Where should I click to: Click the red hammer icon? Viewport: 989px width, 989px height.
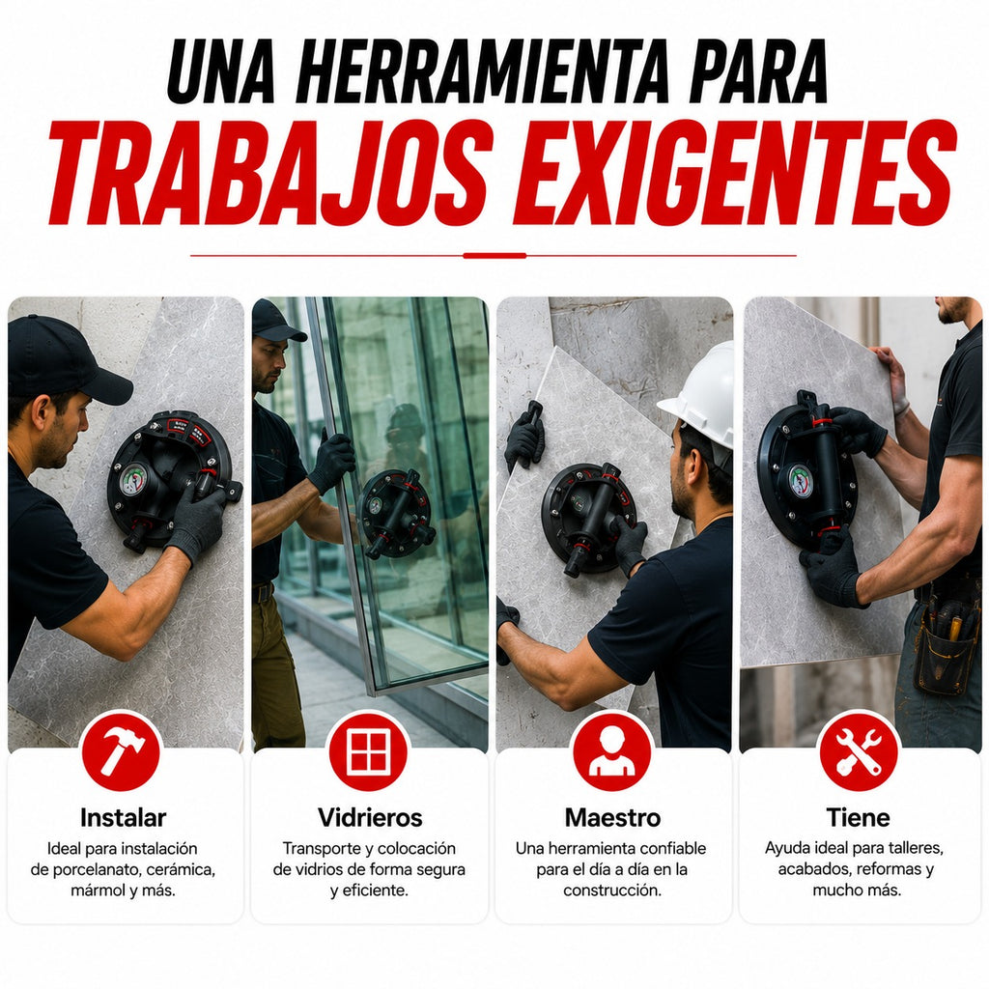(122, 750)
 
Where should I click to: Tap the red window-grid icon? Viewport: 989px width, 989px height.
(368, 750)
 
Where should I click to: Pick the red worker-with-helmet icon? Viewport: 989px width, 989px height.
(611, 750)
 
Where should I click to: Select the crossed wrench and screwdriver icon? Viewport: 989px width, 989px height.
(858, 750)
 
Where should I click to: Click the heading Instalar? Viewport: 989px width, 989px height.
(123, 817)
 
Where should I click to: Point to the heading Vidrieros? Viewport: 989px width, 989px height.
(370, 817)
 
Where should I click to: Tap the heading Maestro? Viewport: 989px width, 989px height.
(612, 817)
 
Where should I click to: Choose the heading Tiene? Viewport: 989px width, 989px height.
(858, 817)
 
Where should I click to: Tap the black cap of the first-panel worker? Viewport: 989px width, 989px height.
(63, 357)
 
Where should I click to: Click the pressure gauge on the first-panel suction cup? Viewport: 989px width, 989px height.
(133, 481)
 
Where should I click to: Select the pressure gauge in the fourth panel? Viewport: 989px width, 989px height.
(800, 481)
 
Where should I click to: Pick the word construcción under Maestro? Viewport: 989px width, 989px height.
(612, 890)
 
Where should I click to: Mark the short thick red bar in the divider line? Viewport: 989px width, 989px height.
(494, 255)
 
